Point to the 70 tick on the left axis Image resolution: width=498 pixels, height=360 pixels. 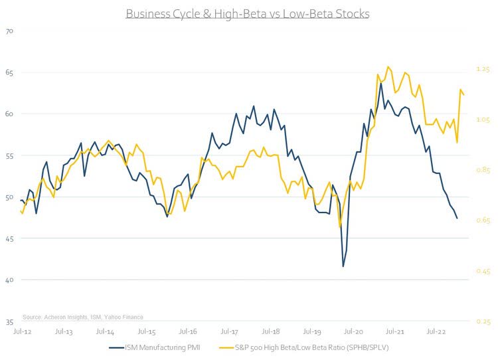pyautogui.click(x=9, y=31)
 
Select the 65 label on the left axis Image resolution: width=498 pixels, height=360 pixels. pyautogui.click(x=9, y=72)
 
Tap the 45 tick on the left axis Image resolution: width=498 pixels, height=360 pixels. pyautogui.click(x=9, y=238)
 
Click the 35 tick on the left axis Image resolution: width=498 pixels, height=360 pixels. pyautogui.click(x=9, y=321)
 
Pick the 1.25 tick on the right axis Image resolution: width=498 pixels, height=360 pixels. pyautogui.click(x=482, y=69)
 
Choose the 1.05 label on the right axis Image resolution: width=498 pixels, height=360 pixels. pyautogui.click(x=482, y=120)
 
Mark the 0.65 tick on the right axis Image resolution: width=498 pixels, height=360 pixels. pyautogui.click(x=482, y=221)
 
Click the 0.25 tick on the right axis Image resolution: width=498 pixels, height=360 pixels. pyautogui.click(x=482, y=321)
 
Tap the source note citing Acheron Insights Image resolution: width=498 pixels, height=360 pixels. pyautogui.click(x=82, y=317)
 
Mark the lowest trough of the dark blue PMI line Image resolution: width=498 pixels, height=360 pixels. pyautogui.click(x=343, y=266)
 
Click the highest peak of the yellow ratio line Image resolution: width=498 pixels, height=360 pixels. pyautogui.click(x=388, y=66)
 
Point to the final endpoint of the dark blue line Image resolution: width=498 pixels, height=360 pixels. pyautogui.click(x=457, y=218)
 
